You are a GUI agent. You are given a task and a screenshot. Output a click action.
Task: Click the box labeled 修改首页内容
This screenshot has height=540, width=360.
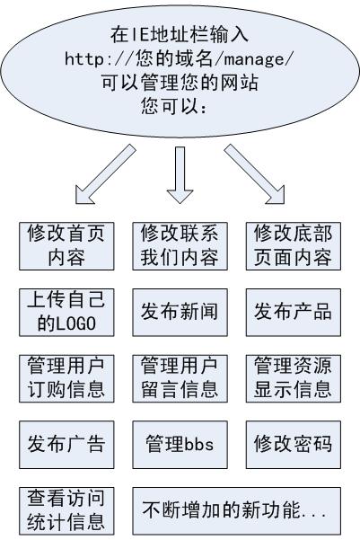[x=66, y=245]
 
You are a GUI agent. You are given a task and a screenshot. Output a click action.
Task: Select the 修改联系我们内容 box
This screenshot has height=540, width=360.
[x=178, y=245]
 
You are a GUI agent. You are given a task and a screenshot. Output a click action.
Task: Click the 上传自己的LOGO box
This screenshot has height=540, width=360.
[x=66, y=311]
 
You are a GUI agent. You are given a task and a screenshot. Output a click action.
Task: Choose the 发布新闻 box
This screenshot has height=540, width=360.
[x=178, y=312]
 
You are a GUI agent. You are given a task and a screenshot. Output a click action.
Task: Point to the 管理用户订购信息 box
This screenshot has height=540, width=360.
[x=66, y=377]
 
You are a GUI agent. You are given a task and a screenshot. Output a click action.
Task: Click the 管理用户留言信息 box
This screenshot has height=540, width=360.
[x=178, y=377]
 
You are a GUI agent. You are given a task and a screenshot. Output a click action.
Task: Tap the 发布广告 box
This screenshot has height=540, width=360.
[x=66, y=443]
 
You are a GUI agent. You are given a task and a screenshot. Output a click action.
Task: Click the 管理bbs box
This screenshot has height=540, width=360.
[x=178, y=443]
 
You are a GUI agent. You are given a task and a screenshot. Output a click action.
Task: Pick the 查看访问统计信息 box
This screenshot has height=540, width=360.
[x=66, y=509]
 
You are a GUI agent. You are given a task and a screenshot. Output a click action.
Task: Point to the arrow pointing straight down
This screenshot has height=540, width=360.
[x=179, y=172]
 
